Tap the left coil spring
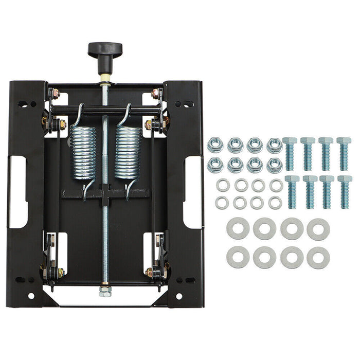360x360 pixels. tap(83, 152)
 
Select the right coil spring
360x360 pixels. tap(128, 152)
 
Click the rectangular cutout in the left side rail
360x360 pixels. tap(18, 192)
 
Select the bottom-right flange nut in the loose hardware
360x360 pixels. tap(274, 165)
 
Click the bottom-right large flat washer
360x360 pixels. tap(318, 258)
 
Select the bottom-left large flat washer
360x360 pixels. tap(238, 258)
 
